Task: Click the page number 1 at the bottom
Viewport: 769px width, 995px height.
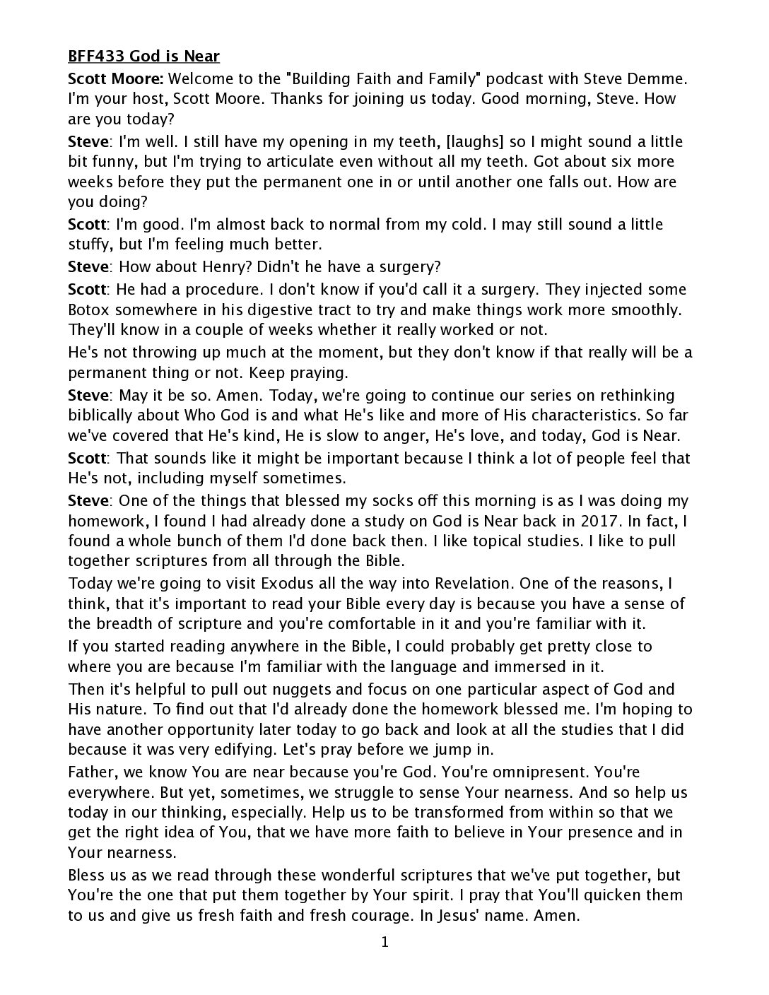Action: pyautogui.click(x=384, y=942)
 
